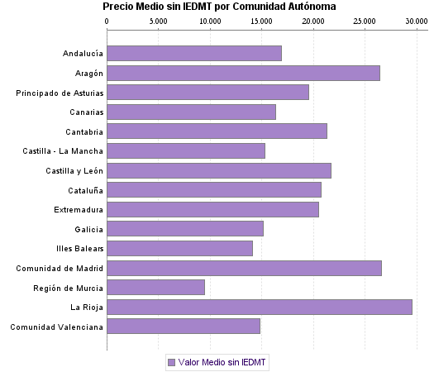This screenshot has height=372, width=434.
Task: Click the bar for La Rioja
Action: pos(260,308)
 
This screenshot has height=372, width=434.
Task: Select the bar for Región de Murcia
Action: pos(156,288)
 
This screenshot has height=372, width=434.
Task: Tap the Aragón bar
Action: pos(243,74)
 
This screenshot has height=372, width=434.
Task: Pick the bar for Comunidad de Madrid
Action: pos(244,268)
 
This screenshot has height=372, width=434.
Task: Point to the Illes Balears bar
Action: pos(179,249)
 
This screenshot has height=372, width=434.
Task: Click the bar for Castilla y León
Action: pos(219,170)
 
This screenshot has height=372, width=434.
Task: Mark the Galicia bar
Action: pos(185,229)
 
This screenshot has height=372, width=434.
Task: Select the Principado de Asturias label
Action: pos(60,93)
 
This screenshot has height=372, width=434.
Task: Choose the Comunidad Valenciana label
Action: pos(56,327)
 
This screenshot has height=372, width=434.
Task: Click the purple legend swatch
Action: pos(171,362)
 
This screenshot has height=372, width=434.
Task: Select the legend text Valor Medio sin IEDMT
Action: pos(223,362)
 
